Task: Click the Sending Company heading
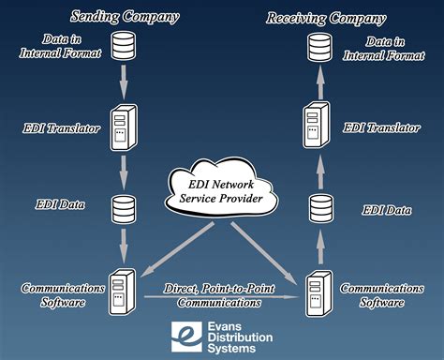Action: tap(126, 17)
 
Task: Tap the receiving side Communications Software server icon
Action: tap(318, 292)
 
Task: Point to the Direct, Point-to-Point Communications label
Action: tap(221, 295)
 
